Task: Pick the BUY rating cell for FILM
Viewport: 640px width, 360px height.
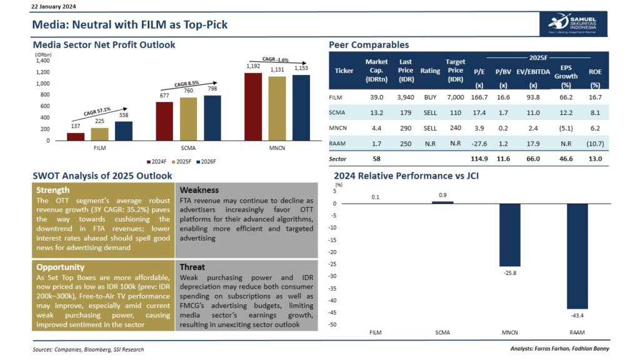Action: point(430,97)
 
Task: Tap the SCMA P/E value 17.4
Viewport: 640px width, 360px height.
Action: point(479,113)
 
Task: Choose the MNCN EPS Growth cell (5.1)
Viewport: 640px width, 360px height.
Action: point(566,128)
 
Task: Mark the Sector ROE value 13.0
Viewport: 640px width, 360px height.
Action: point(595,159)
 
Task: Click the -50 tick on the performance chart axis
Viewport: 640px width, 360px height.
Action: point(340,324)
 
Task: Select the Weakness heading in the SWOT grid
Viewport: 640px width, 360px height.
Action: point(199,189)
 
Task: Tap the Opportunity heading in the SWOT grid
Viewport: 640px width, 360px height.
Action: point(60,267)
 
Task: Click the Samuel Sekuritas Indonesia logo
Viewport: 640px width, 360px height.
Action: point(572,24)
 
